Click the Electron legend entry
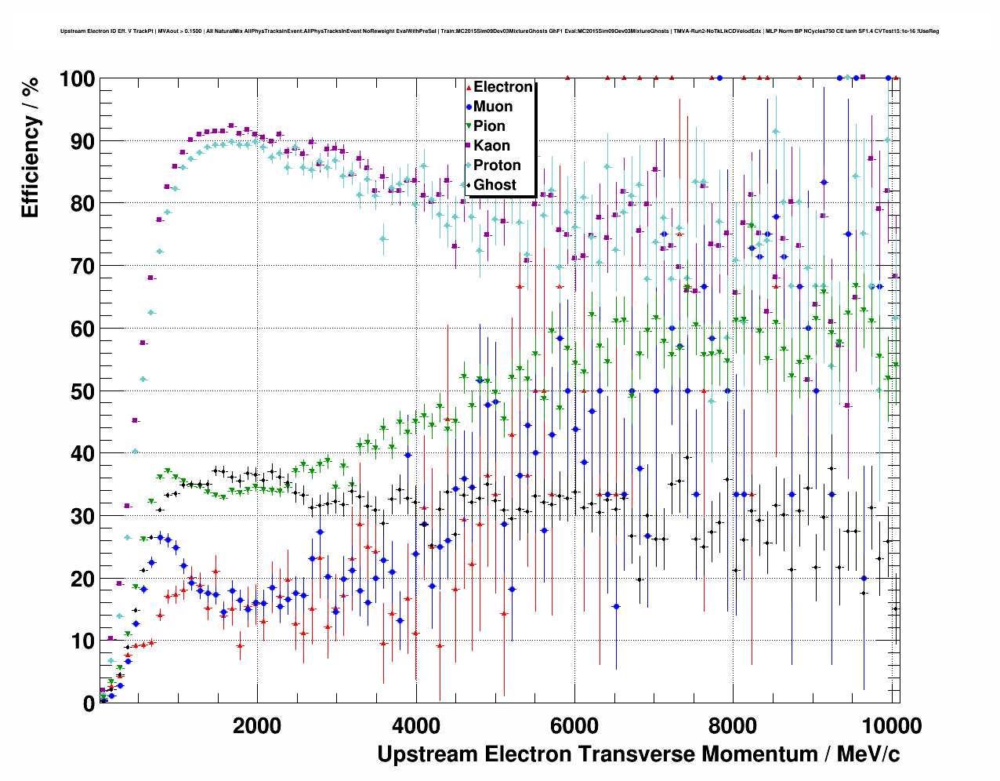pos(502,87)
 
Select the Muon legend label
pos(493,107)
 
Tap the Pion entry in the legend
pos(489,126)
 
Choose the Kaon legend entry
pos(491,146)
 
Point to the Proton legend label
pos(497,165)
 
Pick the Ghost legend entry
pos(495,185)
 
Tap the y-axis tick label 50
pos(82,391)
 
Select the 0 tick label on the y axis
pos(89,704)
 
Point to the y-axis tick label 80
pos(82,204)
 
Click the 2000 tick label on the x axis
pos(257,726)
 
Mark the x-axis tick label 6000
pos(574,726)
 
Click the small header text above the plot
pos(499,31)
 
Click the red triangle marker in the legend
pos(469,87)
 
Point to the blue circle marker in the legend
pos(469,107)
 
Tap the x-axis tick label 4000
pos(416,726)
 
